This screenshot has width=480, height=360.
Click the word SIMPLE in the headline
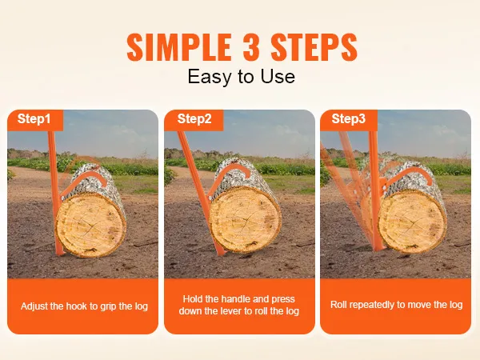(x=178, y=47)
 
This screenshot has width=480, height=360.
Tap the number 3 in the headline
(x=250, y=47)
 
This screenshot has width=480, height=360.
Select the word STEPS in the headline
(x=314, y=47)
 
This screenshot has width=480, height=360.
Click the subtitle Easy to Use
(x=242, y=76)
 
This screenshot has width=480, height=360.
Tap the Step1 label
(x=34, y=118)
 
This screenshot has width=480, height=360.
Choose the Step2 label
(x=194, y=118)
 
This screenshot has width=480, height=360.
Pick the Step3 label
(x=348, y=118)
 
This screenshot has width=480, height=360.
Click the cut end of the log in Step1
(x=91, y=225)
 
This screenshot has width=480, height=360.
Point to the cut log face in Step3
(x=412, y=221)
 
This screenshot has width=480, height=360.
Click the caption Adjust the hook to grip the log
(x=84, y=306)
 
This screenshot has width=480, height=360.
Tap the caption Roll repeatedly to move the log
(x=397, y=305)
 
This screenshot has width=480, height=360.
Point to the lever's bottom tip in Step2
(x=221, y=254)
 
